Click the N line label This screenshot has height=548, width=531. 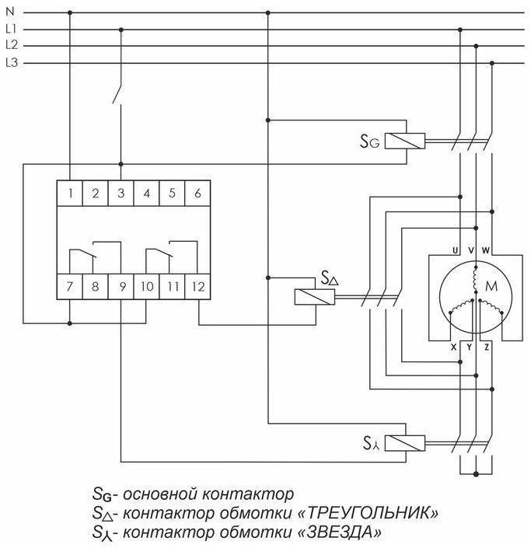[9, 12]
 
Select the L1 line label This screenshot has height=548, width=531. [11, 30]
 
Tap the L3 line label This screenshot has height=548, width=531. [11, 63]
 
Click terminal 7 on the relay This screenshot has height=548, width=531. [70, 287]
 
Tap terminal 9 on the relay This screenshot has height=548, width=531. [121, 287]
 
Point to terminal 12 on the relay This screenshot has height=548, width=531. [197, 287]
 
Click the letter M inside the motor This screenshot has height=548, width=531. [491, 287]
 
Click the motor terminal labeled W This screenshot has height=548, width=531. [486, 250]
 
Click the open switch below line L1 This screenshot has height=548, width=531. [117, 93]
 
